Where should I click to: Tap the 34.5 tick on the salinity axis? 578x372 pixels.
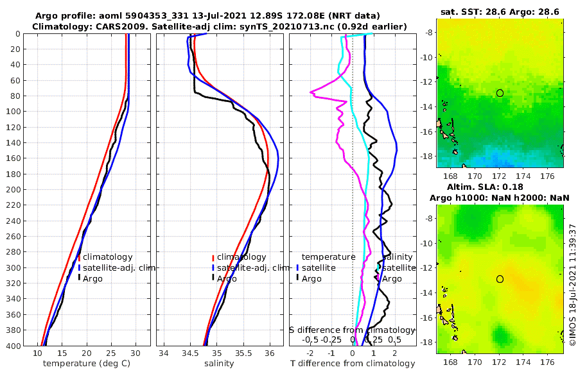coord(189,353)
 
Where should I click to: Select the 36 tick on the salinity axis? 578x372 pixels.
coord(269,353)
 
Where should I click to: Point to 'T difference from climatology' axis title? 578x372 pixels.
coord(353,364)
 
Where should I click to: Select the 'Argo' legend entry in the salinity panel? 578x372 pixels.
coord(227,279)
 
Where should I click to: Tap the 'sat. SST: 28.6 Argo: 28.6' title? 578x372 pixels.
coord(500,12)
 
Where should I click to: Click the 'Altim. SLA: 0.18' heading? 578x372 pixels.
coord(500,187)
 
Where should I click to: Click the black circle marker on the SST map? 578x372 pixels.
coord(500,93)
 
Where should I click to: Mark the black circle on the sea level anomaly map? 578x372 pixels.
coord(500,279)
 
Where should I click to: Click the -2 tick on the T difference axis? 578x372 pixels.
coord(310,353)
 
